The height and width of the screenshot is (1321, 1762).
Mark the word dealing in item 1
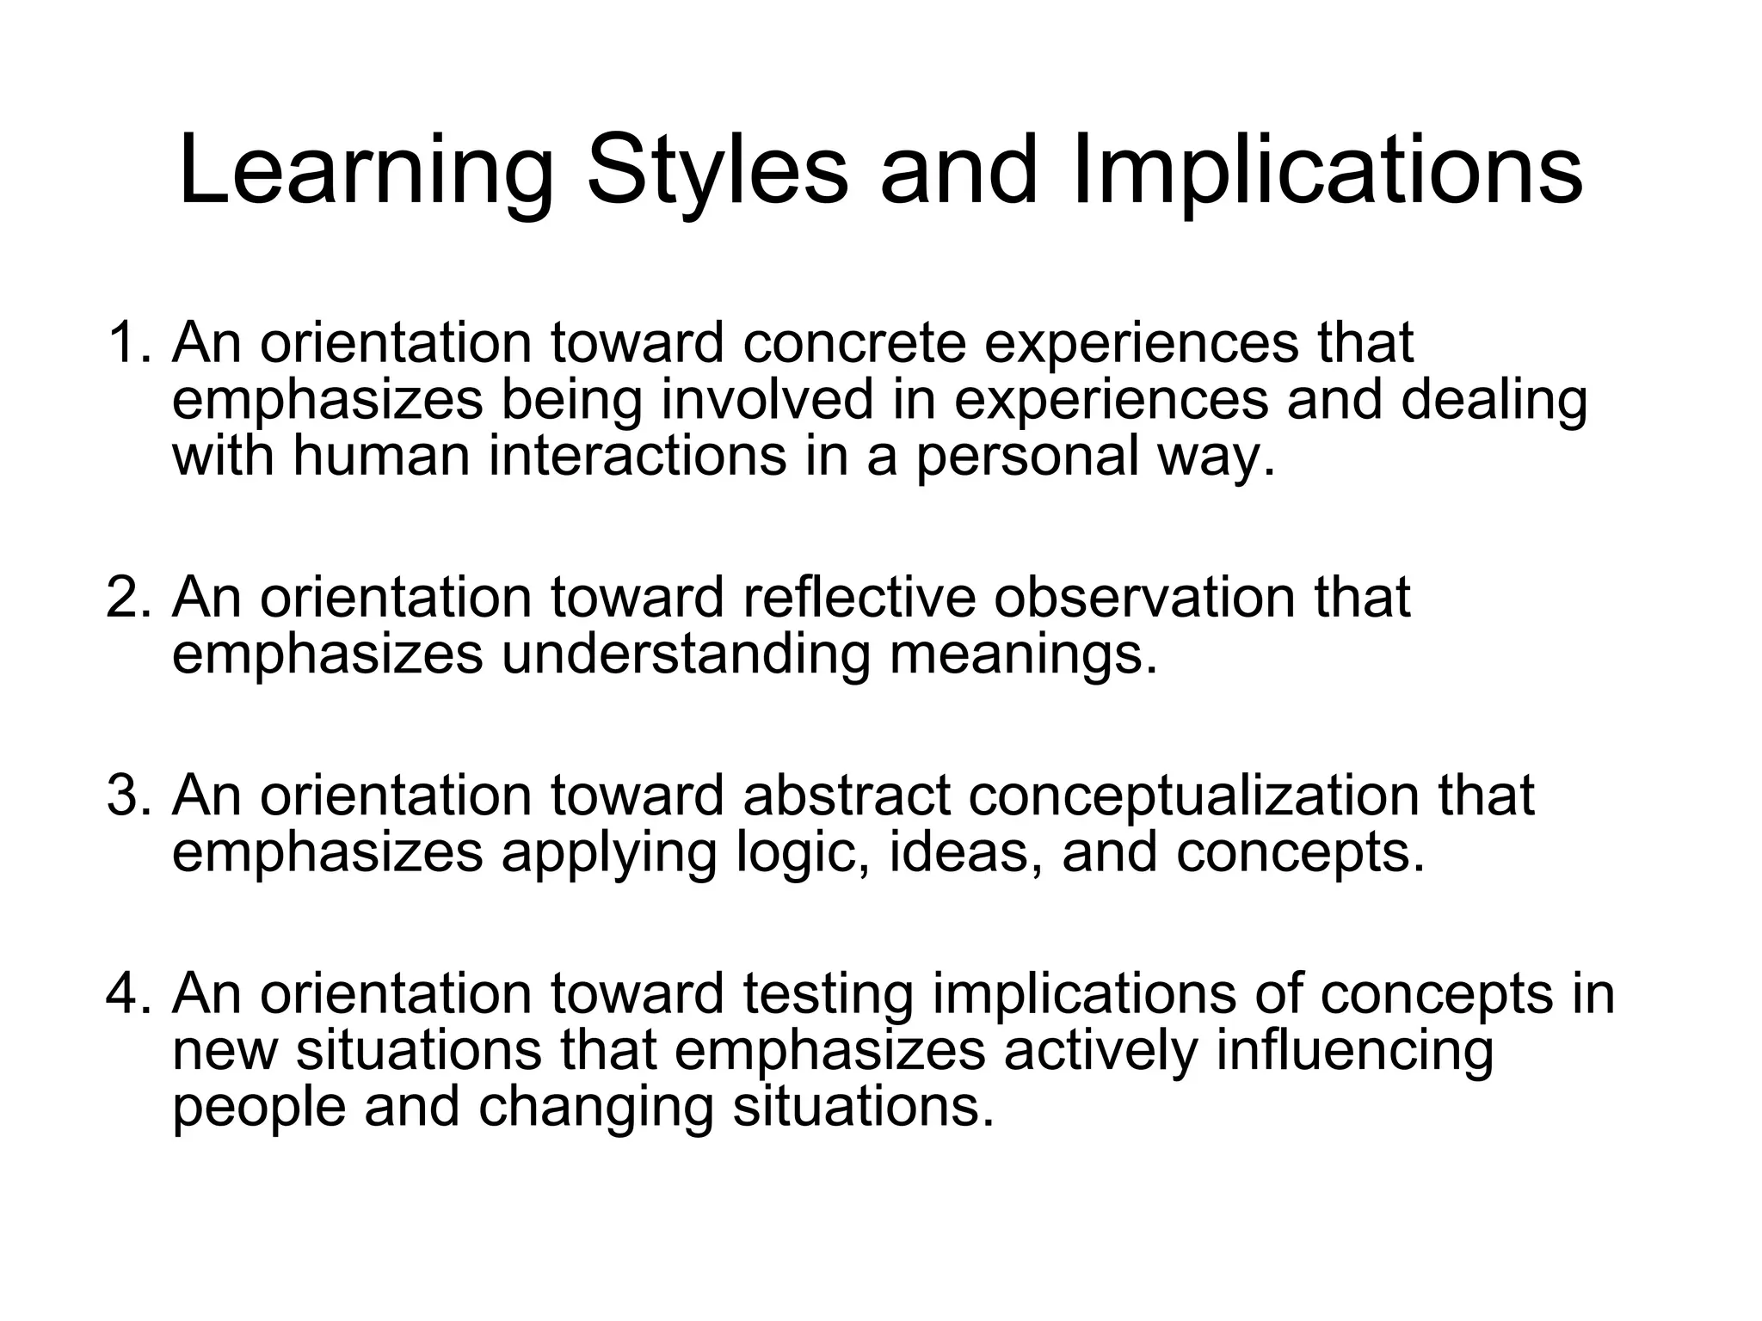[1494, 401]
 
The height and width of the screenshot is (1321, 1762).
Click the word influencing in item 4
[1354, 1052]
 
